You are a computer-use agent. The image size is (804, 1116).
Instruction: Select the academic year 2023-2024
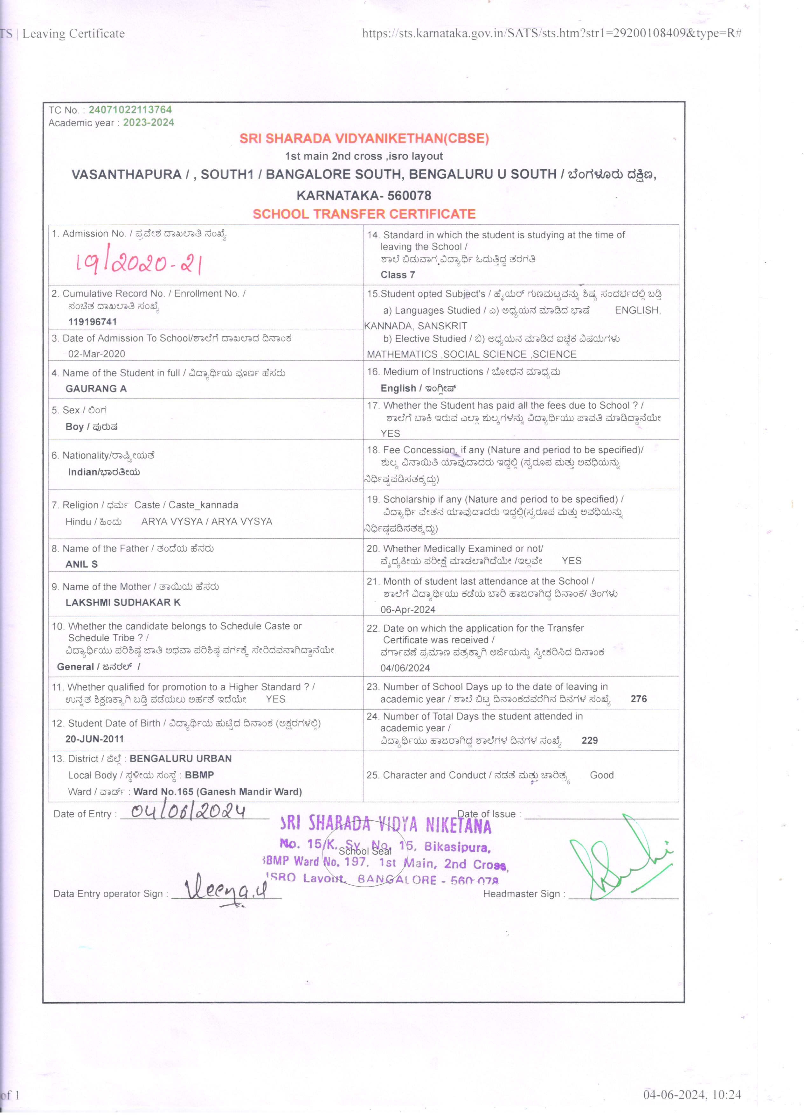pyautogui.click(x=149, y=123)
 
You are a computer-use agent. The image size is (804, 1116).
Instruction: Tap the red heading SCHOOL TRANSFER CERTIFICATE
pyautogui.click(x=364, y=214)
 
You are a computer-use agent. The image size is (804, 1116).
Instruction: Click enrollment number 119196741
pyautogui.click(x=93, y=322)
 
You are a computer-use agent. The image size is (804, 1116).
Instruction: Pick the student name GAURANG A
pyautogui.click(x=96, y=389)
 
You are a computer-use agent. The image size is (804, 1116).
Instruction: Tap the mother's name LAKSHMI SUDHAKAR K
pyautogui.click(x=123, y=602)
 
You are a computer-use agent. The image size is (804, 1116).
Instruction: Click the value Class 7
pyautogui.click(x=397, y=275)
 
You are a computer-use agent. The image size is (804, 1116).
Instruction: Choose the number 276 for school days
pyautogui.click(x=638, y=699)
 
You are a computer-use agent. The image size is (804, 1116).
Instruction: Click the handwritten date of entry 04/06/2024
pyautogui.click(x=188, y=811)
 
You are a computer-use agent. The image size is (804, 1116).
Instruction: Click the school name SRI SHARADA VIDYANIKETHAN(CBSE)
pyautogui.click(x=364, y=138)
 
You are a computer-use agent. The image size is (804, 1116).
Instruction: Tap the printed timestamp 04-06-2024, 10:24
pyautogui.click(x=691, y=1094)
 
